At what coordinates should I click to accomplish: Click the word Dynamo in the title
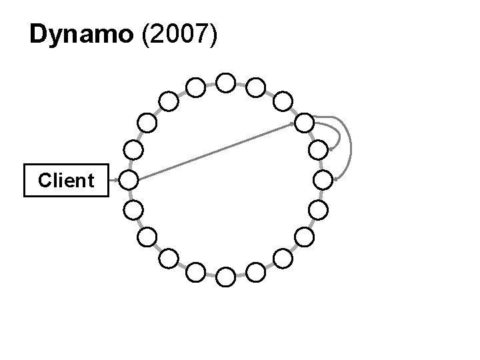(x=81, y=35)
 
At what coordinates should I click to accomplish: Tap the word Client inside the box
(x=66, y=180)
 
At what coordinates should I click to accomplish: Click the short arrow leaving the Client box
(x=113, y=179)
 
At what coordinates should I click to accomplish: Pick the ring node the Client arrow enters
(x=129, y=179)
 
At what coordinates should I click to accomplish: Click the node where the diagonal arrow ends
(x=304, y=123)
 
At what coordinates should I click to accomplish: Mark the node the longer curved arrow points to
(x=323, y=179)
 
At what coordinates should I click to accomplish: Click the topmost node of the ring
(x=226, y=83)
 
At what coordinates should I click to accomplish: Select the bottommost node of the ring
(x=226, y=276)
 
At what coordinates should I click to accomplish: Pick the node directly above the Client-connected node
(x=133, y=149)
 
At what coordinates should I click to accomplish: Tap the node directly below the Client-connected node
(x=133, y=209)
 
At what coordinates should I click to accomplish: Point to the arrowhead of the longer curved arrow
(x=335, y=178)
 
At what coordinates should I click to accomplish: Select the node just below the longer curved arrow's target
(x=319, y=209)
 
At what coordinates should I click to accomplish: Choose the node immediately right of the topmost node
(x=255, y=87)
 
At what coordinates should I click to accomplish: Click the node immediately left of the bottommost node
(x=196, y=271)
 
